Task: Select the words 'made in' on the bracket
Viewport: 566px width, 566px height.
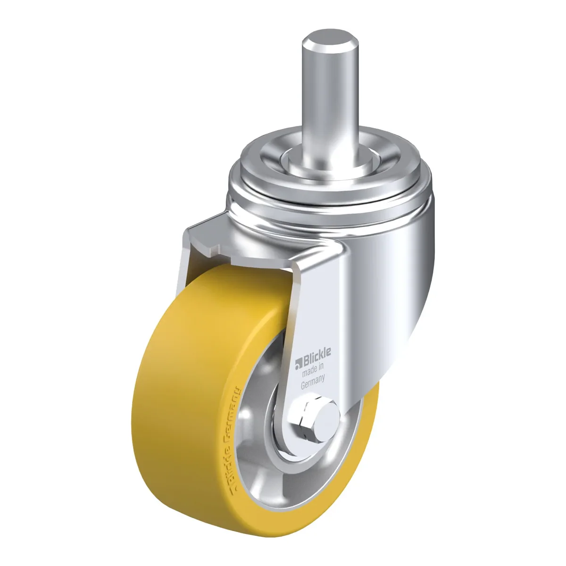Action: coord(313,369)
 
